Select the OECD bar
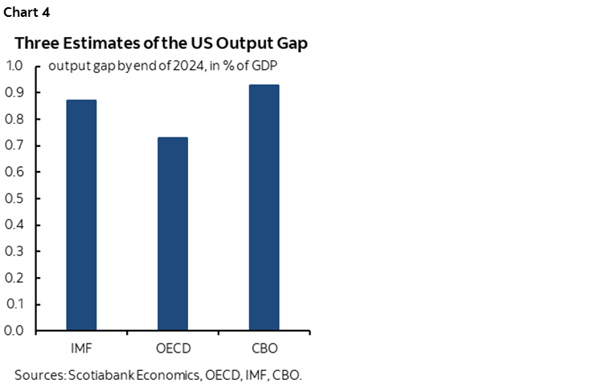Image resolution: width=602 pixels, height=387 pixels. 172,234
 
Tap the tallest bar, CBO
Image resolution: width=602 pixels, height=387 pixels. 264,207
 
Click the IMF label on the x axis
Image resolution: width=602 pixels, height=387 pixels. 80,349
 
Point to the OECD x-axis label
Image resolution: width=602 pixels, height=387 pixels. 172,349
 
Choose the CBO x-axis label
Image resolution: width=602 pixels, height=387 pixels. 264,349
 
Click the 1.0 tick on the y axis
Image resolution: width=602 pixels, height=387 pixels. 15,66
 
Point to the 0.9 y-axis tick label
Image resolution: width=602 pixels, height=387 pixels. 15,92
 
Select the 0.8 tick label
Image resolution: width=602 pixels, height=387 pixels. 15,119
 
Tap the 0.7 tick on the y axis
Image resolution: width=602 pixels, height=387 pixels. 15,145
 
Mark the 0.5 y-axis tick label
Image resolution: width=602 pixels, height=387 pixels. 15,198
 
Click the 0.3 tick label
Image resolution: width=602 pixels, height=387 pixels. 15,251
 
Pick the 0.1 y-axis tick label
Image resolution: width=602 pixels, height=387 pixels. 15,304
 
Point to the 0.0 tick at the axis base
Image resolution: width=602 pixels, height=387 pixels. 15,331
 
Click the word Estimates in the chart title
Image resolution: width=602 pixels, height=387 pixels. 95,43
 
